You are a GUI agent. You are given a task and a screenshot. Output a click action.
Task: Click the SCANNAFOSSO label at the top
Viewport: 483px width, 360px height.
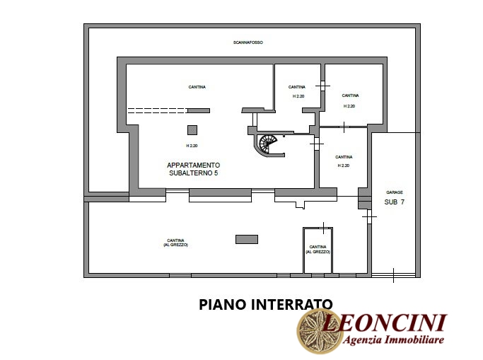248,42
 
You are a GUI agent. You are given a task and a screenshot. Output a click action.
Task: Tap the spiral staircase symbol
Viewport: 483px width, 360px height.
267,144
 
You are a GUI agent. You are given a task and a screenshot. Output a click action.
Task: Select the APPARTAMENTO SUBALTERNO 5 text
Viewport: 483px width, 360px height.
194,169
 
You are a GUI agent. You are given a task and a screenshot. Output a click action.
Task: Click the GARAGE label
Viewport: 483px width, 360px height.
395,192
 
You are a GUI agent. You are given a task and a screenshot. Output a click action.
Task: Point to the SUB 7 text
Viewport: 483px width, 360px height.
395,202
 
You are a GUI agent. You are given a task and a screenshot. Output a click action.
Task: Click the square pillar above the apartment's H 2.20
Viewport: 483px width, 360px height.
192,130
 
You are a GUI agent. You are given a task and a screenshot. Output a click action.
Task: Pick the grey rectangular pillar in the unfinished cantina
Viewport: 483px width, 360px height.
247,239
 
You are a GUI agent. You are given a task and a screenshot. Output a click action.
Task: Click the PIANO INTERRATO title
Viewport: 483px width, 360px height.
265,305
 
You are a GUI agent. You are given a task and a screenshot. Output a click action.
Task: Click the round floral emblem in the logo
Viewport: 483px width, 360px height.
319,331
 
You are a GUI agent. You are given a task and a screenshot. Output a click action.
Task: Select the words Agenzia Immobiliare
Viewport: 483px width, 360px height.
394,339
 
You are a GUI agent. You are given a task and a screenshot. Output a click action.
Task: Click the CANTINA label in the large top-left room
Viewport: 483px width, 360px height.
197,87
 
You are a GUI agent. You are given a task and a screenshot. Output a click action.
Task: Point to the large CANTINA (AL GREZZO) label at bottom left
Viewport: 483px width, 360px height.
175,243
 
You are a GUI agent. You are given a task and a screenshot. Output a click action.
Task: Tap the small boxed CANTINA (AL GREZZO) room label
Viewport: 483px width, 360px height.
318,250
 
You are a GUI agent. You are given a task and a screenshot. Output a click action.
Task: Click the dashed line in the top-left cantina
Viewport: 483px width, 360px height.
158,110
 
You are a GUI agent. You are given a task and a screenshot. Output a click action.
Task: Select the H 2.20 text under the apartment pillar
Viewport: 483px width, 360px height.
192,146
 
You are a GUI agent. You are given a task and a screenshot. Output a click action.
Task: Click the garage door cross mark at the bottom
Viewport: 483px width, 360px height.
393,275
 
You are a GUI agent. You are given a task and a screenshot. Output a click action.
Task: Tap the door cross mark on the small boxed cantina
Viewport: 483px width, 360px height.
323,228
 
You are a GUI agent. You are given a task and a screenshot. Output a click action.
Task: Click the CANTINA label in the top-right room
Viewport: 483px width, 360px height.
350,95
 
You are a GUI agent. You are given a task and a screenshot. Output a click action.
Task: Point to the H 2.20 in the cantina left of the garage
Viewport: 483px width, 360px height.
344,166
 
